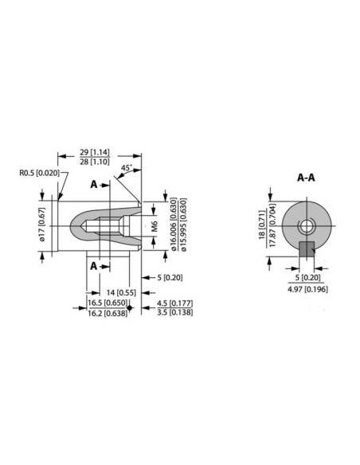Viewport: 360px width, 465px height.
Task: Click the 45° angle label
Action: (127, 168)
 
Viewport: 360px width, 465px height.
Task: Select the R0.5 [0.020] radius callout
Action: (37, 172)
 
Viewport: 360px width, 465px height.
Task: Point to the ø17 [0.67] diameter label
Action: (43, 225)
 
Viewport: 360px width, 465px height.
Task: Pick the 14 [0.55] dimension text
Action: (123, 292)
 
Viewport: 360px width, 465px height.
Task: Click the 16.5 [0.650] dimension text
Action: (107, 304)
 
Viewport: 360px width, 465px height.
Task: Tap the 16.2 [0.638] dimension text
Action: (107, 314)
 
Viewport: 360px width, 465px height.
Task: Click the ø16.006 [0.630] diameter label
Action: (174, 225)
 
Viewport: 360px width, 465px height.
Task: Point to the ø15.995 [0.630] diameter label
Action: (184, 225)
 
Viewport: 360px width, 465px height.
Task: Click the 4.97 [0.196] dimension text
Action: (305, 288)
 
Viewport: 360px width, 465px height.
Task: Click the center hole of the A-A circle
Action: (306, 226)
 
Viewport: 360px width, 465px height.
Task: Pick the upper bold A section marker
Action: (95, 185)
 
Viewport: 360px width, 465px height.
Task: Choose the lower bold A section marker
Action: (95, 264)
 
